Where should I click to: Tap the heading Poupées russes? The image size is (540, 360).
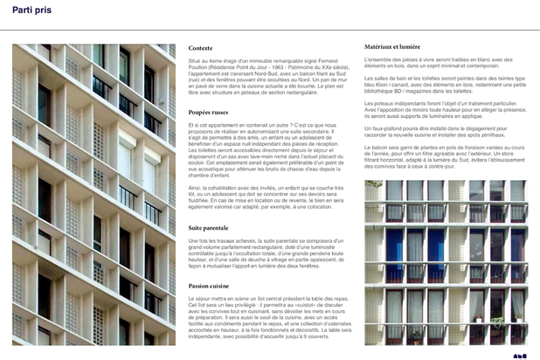pos(207,114)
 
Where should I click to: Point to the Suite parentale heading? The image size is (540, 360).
pos(209,227)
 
